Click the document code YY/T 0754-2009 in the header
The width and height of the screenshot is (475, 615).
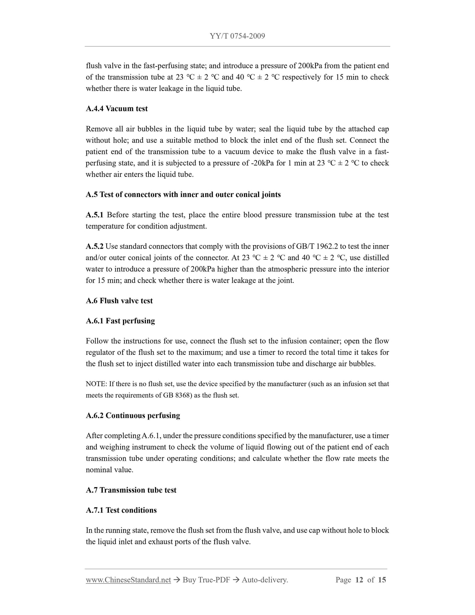pos(237,36)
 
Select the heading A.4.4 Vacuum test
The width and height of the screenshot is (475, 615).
pos(117,109)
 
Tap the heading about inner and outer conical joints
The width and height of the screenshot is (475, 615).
pos(183,194)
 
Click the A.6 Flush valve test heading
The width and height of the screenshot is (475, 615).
pos(119,301)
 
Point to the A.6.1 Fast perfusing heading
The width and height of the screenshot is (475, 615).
pos(120,321)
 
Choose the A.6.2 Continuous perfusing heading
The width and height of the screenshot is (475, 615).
pos(133,415)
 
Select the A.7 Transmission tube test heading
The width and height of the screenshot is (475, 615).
pos(131,490)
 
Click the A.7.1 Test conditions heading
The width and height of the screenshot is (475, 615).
pos(121,510)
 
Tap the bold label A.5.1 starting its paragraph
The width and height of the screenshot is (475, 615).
pos(94,215)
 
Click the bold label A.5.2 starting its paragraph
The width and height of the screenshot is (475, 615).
pos(94,246)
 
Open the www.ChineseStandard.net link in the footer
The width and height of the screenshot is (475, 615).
pos(128,580)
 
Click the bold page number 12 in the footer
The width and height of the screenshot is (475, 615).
pos(359,580)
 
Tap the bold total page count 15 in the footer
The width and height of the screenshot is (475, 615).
pos(382,580)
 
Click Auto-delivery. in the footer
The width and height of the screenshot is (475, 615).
pos(265,580)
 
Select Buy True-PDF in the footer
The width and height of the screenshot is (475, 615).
pos(206,580)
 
